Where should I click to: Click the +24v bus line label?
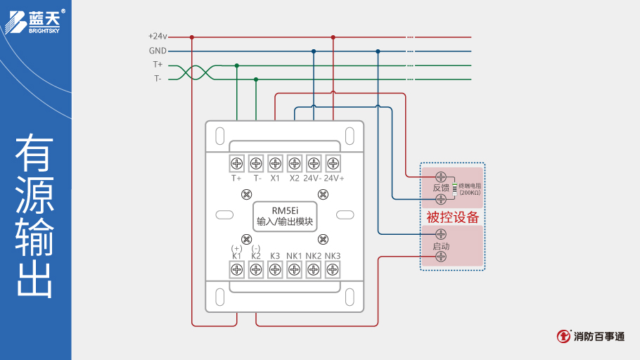click(158, 36)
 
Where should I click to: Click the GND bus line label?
click(158, 51)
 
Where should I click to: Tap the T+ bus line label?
click(158, 65)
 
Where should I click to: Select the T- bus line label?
click(158, 79)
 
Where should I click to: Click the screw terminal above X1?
click(275, 163)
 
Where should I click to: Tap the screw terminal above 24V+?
click(333, 163)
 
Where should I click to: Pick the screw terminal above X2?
click(294, 163)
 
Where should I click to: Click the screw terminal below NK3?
click(333, 269)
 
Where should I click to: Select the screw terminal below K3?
click(275, 269)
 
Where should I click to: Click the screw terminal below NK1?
click(294, 269)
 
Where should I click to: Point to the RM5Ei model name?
click(285, 210)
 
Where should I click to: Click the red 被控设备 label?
click(452, 217)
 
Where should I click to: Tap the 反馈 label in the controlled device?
click(441, 188)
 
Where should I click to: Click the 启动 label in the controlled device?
click(441, 246)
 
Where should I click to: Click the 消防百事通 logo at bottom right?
click(591, 337)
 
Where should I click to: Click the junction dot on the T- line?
click(256, 79)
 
